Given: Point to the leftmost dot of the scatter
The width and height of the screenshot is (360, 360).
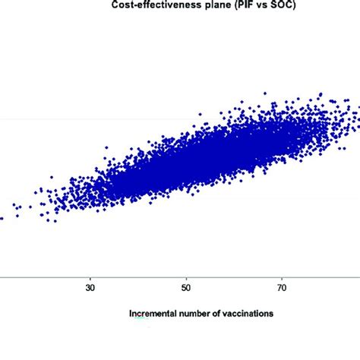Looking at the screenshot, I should tap(2, 218).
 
